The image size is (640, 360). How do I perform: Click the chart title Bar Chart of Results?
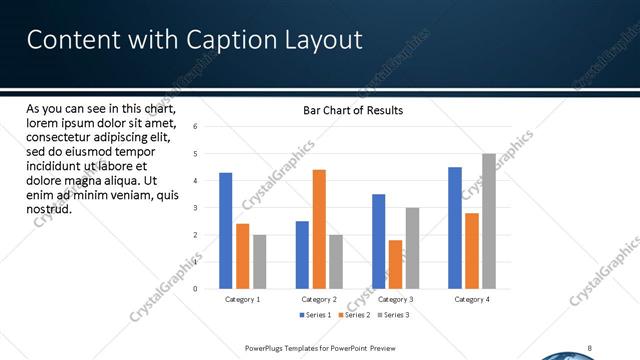tap(353, 110)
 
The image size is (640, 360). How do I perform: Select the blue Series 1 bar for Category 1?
tap(226, 231)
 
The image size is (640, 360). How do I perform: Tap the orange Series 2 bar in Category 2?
tap(319, 229)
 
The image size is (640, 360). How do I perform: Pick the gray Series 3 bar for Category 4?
tap(489, 221)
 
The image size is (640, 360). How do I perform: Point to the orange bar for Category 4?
tap(472, 251)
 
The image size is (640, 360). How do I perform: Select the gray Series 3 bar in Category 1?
tap(259, 262)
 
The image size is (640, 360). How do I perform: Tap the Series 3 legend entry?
tap(393, 315)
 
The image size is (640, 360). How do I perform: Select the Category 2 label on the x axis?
tap(318, 299)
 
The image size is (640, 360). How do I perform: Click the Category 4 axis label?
tap(472, 299)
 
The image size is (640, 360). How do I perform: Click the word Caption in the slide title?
tap(223, 40)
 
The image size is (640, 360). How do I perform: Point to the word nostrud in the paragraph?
tap(48, 210)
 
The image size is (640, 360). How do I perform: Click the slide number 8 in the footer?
tap(590, 347)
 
